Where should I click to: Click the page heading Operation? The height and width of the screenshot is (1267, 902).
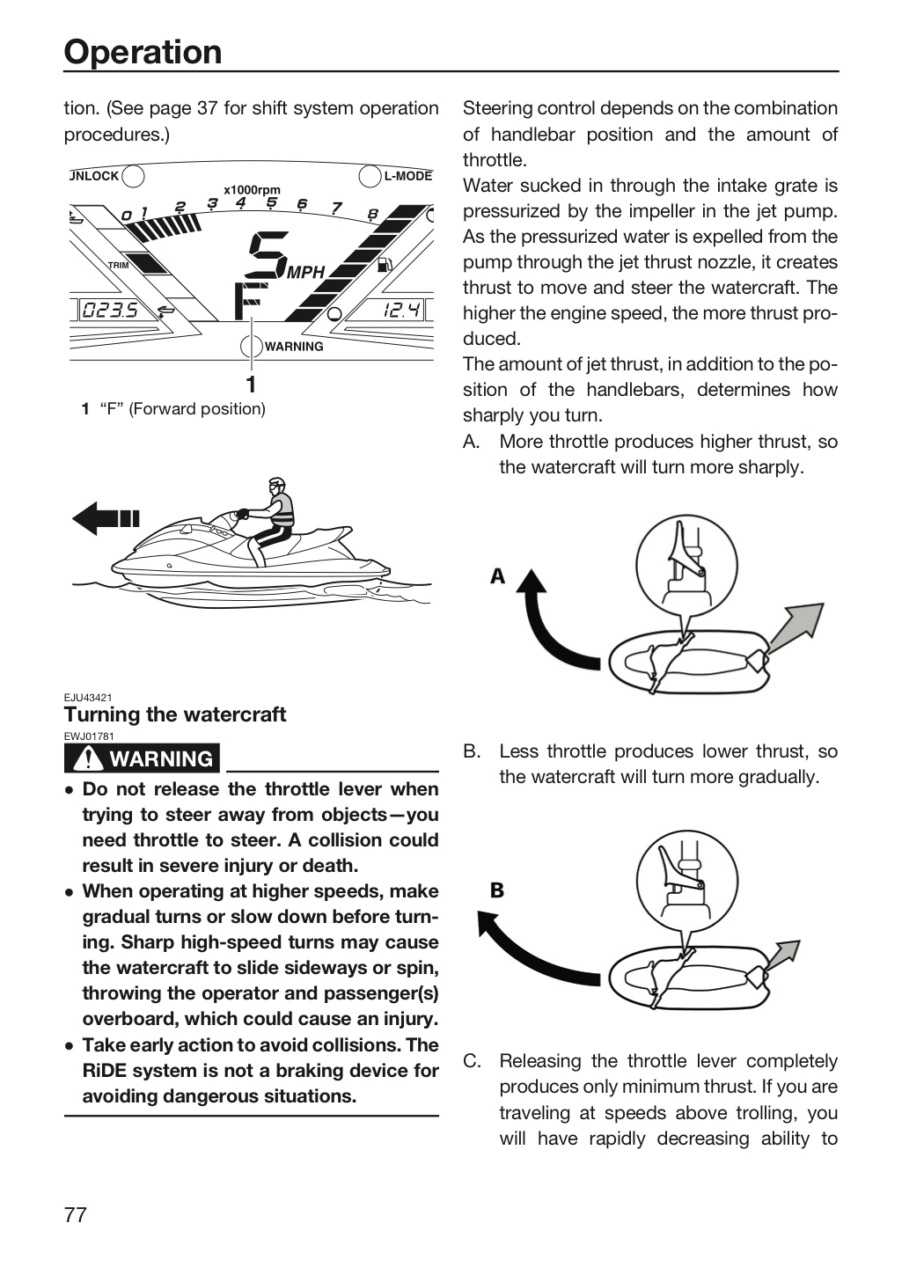143,52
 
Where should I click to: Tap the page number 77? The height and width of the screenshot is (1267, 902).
76,1215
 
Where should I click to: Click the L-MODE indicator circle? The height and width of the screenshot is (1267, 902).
370,176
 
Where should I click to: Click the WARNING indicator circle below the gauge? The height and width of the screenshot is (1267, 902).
252,346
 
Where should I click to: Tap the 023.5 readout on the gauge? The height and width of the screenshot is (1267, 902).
110,310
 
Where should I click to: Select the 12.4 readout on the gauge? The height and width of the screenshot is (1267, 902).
401,310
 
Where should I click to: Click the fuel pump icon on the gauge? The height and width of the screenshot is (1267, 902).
385,264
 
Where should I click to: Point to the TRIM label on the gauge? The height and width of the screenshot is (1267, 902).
118,266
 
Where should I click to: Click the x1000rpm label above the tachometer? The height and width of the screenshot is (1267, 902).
252,190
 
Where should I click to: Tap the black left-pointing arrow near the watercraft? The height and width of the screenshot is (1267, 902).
106,518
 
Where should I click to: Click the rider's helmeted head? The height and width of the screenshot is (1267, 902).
277,486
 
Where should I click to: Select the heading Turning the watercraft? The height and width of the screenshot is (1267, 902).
175,714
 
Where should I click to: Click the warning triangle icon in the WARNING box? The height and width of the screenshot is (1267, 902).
89,758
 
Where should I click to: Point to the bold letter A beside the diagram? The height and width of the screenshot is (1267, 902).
497,576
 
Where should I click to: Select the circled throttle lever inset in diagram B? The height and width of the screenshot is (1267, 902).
687,882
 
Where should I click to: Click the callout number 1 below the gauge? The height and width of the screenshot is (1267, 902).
252,384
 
